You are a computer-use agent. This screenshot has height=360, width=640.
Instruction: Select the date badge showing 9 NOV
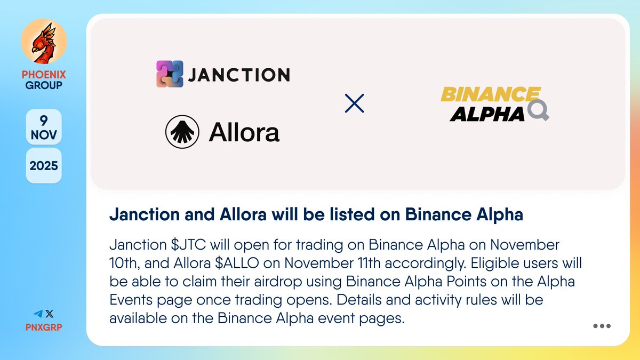click(44, 127)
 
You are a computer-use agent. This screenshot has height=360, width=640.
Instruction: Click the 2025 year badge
click(44, 166)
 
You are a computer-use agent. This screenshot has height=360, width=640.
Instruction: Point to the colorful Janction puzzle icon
click(170, 74)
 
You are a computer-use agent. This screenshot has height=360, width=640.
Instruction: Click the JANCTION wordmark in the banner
click(238, 75)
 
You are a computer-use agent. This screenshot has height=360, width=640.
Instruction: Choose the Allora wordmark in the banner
click(244, 132)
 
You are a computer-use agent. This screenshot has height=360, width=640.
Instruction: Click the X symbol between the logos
click(355, 103)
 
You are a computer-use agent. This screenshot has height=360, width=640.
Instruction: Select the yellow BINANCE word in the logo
click(490, 95)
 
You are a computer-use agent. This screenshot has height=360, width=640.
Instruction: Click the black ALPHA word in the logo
click(487, 113)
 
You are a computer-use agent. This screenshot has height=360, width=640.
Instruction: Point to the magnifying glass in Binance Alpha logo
click(538, 111)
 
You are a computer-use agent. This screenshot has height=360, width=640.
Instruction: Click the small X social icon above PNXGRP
click(50, 314)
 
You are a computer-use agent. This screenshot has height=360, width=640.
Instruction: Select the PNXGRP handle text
click(44, 327)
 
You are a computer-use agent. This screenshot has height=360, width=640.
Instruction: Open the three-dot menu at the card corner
click(602, 326)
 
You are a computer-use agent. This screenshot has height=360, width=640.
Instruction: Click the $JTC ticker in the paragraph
click(188, 245)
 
